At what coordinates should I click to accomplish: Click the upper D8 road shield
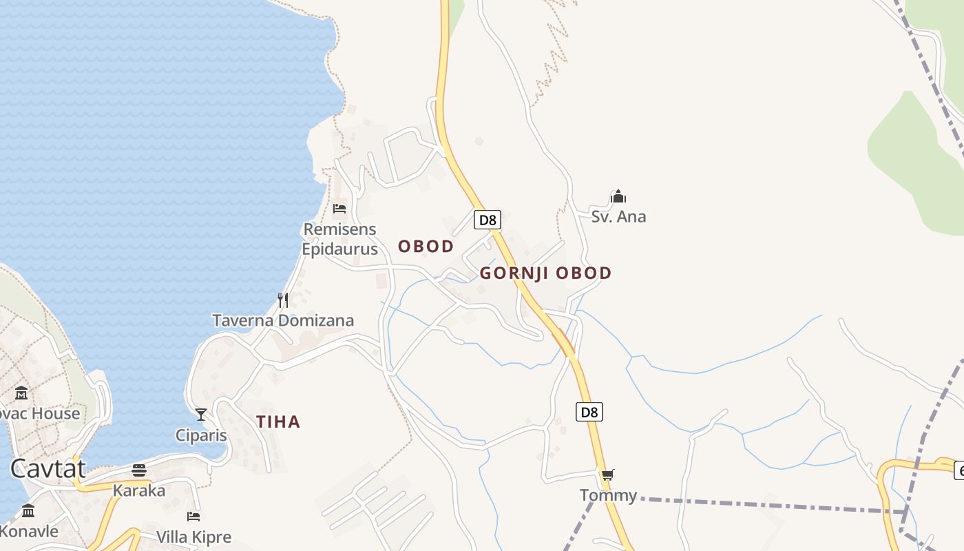click(x=487, y=220)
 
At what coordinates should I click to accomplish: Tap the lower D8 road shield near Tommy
click(x=589, y=412)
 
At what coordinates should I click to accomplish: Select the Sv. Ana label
click(x=618, y=217)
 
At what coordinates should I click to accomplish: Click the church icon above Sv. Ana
click(x=618, y=197)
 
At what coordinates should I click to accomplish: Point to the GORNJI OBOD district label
click(x=545, y=273)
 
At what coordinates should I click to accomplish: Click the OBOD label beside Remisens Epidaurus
click(x=426, y=247)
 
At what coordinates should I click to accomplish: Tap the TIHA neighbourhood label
click(x=278, y=422)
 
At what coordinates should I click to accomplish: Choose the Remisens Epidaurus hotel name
click(x=339, y=239)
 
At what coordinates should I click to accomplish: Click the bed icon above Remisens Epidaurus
click(x=339, y=208)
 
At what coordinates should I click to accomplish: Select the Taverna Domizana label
click(x=283, y=320)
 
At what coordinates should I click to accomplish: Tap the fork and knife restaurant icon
click(x=283, y=300)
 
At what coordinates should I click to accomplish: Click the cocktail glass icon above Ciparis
click(x=201, y=414)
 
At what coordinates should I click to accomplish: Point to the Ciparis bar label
click(x=201, y=435)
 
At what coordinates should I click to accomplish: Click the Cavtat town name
click(x=48, y=469)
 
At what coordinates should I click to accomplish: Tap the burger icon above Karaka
click(x=139, y=470)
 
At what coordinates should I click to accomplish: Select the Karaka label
click(x=139, y=491)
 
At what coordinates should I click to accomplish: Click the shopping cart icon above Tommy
click(x=607, y=475)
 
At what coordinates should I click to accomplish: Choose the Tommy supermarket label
click(x=608, y=495)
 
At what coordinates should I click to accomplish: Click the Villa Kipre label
click(x=193, y=537)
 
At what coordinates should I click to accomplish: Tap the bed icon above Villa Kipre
click(x=193, y=516)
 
